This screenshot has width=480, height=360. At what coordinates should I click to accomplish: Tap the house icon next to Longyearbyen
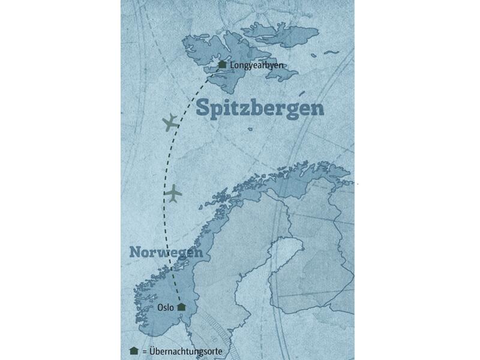pos(222,65)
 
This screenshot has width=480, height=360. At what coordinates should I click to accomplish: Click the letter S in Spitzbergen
pos(203,109)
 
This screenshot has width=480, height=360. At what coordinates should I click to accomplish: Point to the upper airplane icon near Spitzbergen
pos(170,122)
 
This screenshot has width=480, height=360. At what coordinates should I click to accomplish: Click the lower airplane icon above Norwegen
pos(173,194)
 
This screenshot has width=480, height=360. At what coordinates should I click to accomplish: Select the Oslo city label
pos(165,307)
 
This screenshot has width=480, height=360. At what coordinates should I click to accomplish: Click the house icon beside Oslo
pos(181,307)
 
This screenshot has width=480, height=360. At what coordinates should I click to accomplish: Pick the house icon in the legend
pos(133,350)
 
